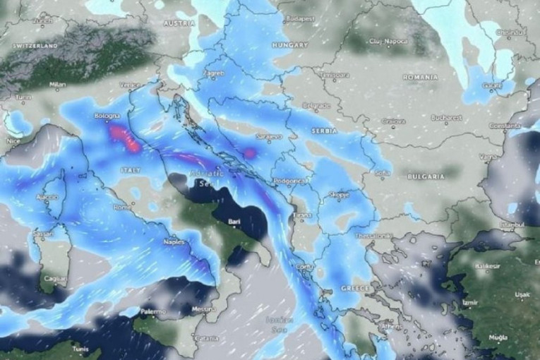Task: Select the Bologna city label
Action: (x=107, y=116)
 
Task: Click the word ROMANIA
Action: (x=420, y=76)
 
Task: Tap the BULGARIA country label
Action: (x=426, y=176)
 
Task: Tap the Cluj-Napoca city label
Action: (x=388, y=41)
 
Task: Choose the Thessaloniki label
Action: (x=373, y=235)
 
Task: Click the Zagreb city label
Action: (x=214, y=73)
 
